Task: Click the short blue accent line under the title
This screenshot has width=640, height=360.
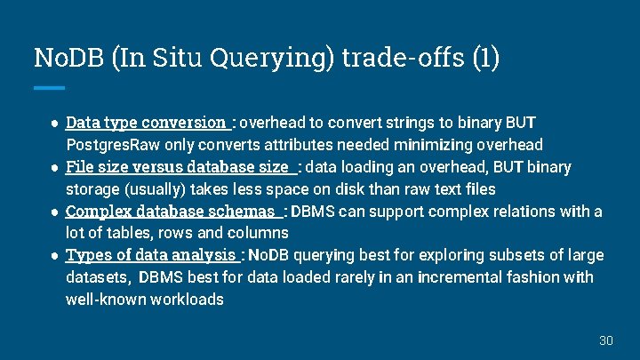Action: [49, 87]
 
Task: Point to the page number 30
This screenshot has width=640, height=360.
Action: [606, 340]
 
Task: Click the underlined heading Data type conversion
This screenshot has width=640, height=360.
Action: [147, 122]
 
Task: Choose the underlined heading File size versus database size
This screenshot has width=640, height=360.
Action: [178, 166]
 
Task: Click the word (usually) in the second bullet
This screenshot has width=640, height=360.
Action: [158, 188]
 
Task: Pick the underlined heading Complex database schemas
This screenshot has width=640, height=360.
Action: [171, 212]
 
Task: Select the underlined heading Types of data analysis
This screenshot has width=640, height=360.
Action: [151, 255]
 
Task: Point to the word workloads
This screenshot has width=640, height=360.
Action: [188, 300]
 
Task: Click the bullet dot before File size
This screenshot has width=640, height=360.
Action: [55, 167]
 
